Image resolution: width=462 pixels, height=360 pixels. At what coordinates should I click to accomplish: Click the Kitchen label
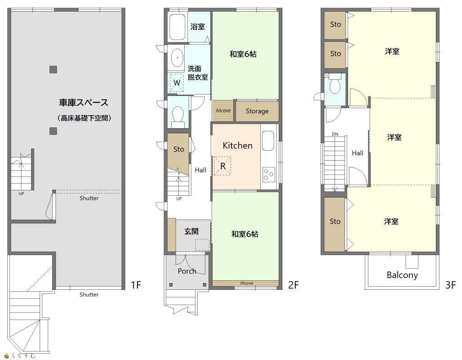(x=237, y=145)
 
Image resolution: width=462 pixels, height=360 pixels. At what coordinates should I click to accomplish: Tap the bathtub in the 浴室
(x=177, y=27)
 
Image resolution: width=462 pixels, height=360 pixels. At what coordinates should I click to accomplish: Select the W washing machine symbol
(x=177, y=83)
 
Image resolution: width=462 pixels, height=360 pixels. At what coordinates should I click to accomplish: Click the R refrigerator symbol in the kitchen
(x=222, y=166)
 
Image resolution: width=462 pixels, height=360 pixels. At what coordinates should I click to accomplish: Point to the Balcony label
(x=402, y=275)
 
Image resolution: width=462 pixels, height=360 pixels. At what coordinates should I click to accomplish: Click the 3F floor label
(x=450, y=285)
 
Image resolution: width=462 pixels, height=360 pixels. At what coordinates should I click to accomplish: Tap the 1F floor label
(x=136, y=285)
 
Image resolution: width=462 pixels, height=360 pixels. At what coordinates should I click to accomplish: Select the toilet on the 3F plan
(x=335, y=84)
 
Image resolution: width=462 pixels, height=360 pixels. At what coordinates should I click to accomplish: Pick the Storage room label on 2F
(x=257, y=111)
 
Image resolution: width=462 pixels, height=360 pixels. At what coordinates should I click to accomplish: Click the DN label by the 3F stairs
(x=335, y=134)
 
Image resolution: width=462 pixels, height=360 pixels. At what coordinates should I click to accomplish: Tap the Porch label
(x=187, y=271)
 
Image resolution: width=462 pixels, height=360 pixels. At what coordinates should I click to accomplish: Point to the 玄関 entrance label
(x=191, y=231)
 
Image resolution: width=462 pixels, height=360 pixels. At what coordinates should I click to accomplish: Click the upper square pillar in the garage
(x=53, y=69)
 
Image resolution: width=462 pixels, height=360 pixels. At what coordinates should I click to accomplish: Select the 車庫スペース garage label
(x=84, y=103)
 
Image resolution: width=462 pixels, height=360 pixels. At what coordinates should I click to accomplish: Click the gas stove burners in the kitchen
(x=268, y=174)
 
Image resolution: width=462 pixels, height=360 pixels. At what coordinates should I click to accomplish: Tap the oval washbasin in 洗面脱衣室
(x=177, y=58)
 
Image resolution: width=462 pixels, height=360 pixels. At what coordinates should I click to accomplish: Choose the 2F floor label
(x=293, y=285)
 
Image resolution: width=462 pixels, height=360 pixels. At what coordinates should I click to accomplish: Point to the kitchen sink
(x=268, y=141)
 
